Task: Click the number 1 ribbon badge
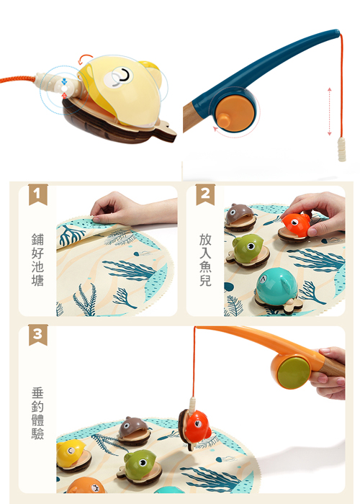pyautogui.click(x=38, y=194)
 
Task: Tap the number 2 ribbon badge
pyautogui.click(x=205, y=194)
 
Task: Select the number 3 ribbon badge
pyautogui.click(x=38, y=335)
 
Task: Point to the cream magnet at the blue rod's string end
pyautogui.click(x=342, y=149)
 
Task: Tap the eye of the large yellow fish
pyautogui.click(x=122, y=76)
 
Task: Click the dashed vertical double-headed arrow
pyautogui.click(x=329, y=112)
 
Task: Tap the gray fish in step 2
pyautogui.click(x=240, y=217)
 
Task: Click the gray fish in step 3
pyautogui.click(x=134, y=430)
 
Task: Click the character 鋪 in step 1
pyautogui.click(x=37, y=240)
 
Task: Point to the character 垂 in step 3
pyautogui.click(x=37, y=393)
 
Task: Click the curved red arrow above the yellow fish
pyautogui.click(x=85, y=58)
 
